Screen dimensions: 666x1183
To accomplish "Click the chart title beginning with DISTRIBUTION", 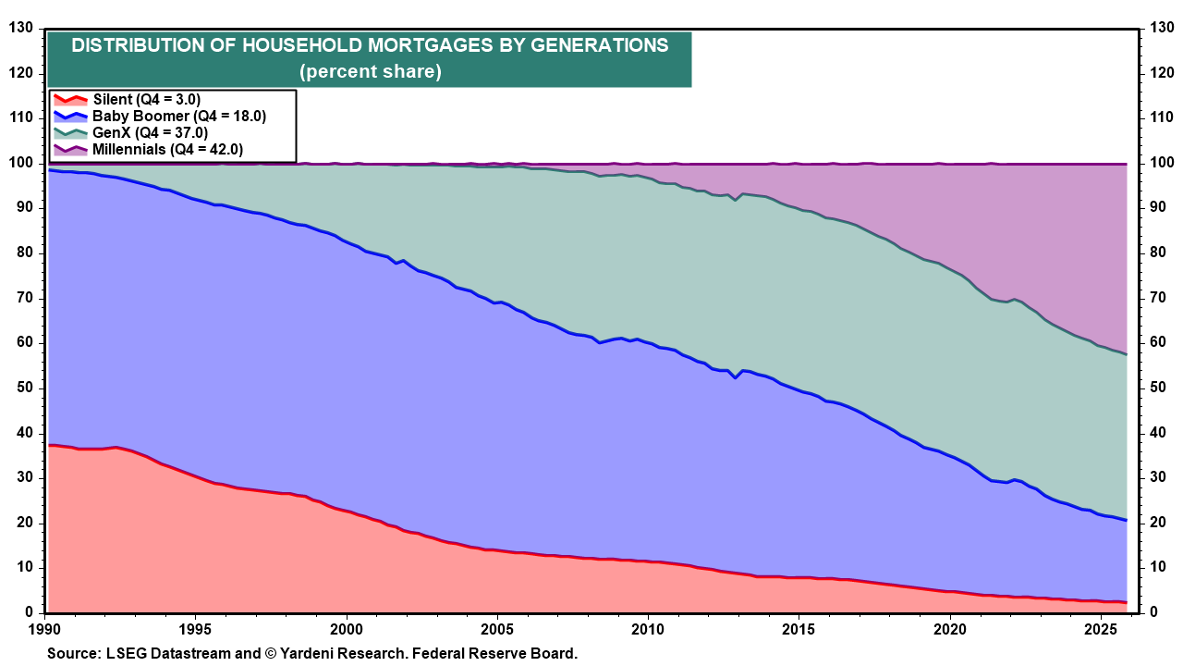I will tap(370, 45).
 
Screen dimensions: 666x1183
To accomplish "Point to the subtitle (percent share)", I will tap(370, 71).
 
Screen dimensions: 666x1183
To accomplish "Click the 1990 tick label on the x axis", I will tap(46, 629).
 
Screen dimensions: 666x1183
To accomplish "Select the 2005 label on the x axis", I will tap(497, 629).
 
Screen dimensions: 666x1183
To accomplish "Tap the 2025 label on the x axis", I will tap(1099, 629).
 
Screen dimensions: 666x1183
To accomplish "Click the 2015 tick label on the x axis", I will tap(798, 629).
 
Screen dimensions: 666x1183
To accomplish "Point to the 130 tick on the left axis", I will tap(20, 29).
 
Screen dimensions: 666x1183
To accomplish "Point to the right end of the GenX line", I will tap(1126, 354).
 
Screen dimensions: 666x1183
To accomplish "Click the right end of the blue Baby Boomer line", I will tap(1126, 520).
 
